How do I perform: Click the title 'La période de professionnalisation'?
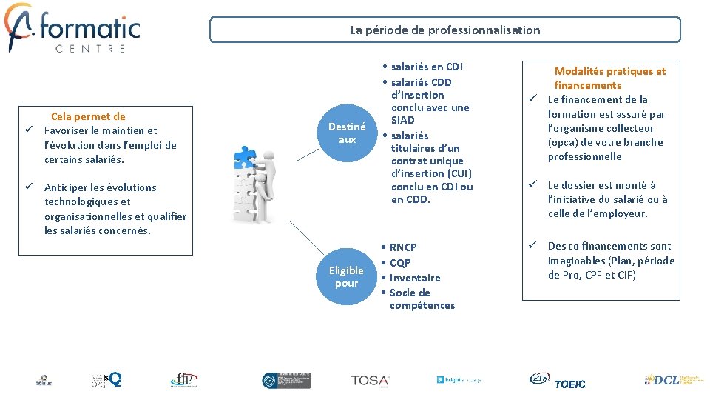pyautogui.click(x=444, y=30)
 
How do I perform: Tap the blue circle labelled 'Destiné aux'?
pyautogui.click(x=346, y=133)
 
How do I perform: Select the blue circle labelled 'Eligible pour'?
pyautogui.click(x=346, y=276)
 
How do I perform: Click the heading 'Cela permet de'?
pyautogui.click(x=88, y=116)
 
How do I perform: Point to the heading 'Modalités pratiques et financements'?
pyautogui.click(x=609, y=78)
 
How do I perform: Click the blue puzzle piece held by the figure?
pyautogui.click(x=245, y=155)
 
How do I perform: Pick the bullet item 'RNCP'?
pyautogui.click(x=403, y=247)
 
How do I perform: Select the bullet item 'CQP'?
pyautogui.click(x=400, y=263)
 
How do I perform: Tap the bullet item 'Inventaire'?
pyautogui.click(x=415, y=278)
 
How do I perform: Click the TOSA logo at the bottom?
pyautogui.click(x=371, y=380)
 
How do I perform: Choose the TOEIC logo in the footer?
pyautogui.click(x=569, y=384)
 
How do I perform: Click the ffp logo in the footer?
pyautogui.click(x=183, y=379)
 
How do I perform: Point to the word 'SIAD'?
pyautogui.click(x=402, y=120)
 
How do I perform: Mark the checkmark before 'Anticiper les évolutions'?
pyautogui.click(x=27, y=187)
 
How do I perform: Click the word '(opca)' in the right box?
pyautogui.click(x=563, y=142)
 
